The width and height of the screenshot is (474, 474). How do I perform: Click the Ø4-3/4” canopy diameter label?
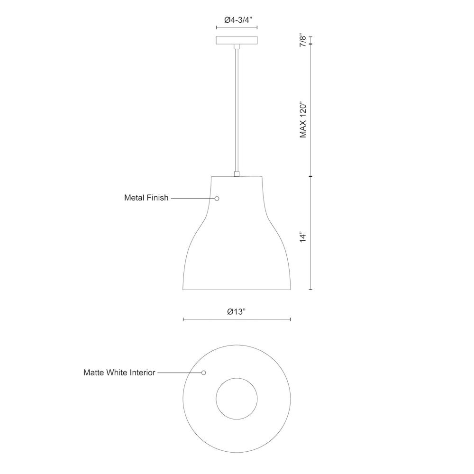(238, 20)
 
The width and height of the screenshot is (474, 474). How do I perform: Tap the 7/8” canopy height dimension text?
(303, 41)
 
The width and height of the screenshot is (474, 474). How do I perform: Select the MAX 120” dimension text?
(303, 119)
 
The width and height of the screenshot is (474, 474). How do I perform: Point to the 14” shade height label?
(303, 237)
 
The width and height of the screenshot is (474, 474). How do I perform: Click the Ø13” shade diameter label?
(236, 312)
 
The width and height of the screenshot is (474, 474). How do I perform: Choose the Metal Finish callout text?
(146, 198)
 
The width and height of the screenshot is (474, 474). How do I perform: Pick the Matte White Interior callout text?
(119, 373)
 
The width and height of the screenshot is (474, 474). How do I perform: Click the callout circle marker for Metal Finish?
(217, 199)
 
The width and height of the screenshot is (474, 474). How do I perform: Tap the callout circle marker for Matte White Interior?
(203, 373)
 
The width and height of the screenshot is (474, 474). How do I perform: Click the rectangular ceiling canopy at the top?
(237, 40)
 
